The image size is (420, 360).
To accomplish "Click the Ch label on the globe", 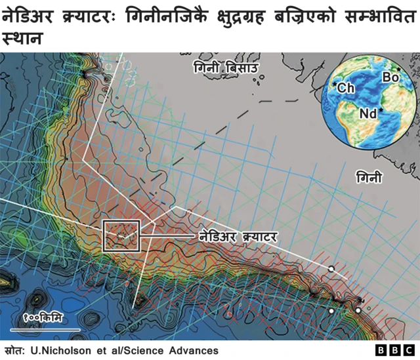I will click(346, 88).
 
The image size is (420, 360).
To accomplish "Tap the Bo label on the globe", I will click(390, 77).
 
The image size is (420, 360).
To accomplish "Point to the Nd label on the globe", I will click(368, 114).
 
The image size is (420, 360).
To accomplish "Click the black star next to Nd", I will click(381, 111).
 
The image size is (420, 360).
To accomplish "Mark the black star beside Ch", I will click(335, 85).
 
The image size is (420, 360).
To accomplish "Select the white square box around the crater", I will click(121, 235).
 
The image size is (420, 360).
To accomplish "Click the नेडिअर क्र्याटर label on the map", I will click(237, 235).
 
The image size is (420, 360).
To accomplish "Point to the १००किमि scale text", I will click(43, 319).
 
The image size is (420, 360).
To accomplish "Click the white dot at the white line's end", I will click(331, 270).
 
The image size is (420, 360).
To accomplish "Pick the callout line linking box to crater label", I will click(167, 235).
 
